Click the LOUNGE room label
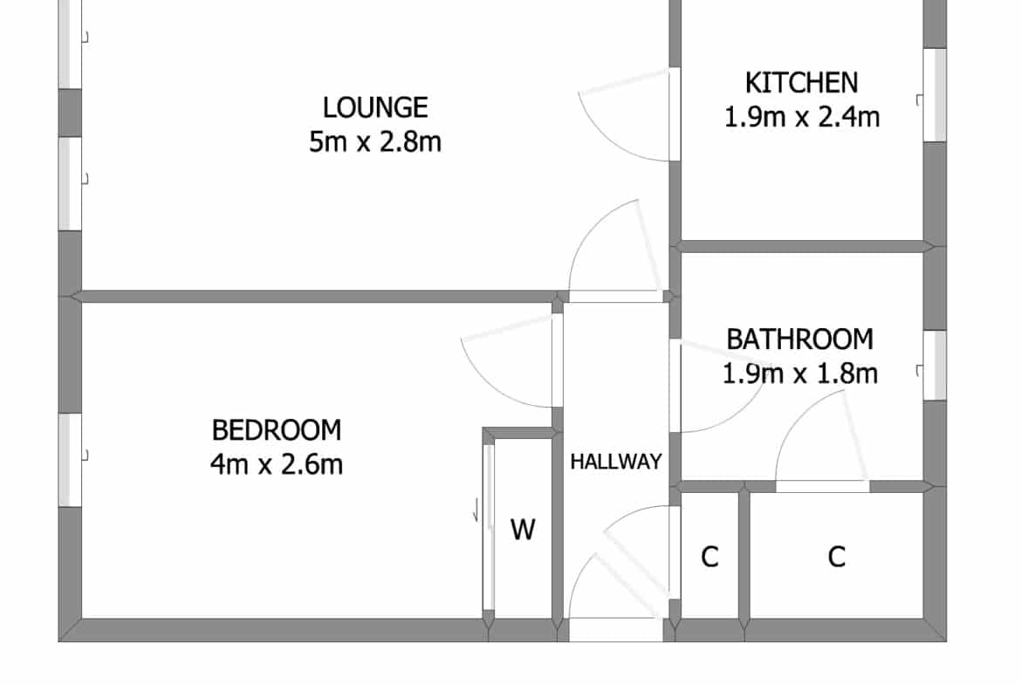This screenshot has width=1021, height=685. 375,107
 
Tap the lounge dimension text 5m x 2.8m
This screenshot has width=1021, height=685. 375,141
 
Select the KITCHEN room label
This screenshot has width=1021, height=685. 802,83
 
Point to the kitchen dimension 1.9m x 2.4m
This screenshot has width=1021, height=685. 802,117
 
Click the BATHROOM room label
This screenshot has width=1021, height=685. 799,339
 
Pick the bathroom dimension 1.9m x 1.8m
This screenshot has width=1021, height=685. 799,373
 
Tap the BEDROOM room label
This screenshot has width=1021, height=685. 277,430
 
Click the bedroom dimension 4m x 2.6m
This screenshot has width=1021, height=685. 277,464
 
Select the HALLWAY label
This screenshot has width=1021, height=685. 616,462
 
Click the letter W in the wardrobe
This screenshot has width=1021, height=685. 523,530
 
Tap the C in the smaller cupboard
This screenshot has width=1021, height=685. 709,557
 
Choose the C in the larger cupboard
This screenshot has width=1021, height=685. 837,557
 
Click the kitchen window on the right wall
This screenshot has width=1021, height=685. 935,95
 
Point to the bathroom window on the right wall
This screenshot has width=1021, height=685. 935,366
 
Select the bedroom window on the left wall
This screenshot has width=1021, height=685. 71,461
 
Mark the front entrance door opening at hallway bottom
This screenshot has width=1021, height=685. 616,630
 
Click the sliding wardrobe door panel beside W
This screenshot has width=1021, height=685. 489,526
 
